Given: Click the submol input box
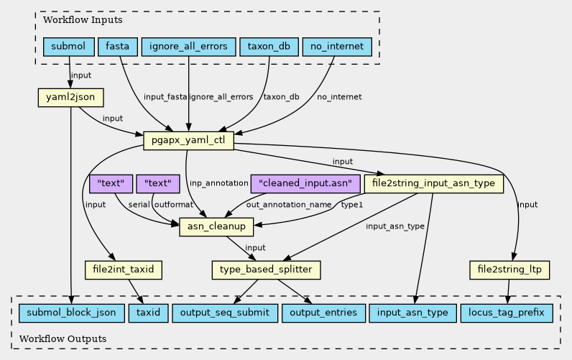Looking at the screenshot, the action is tap(68, 47).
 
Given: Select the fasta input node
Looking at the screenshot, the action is tap(117, 47).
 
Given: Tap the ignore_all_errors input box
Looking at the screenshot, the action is tap(188, 47).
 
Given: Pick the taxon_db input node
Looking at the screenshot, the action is tap(269, 47).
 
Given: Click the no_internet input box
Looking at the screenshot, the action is tap(337, 47).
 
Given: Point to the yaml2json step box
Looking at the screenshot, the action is tap(70, 98).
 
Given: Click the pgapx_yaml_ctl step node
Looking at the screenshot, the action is tap(188, 140).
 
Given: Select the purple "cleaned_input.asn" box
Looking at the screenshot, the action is tap(305, 183).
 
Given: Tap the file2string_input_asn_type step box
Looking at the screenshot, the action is tap(434, 183).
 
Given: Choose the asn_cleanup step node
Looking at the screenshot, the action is tap(216, 226).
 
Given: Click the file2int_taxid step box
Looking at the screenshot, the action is tap(124, 270).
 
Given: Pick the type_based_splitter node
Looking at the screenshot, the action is tap(266, 270).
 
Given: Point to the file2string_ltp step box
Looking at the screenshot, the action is tap(509, 270).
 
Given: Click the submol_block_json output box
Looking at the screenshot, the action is tap(72, 313).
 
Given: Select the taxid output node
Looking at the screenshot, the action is tap(148, 313).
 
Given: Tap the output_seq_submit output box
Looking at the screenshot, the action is tap(225, 313).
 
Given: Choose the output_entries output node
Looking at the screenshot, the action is tap(323, 313).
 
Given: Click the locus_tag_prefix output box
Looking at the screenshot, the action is tap(507, 313).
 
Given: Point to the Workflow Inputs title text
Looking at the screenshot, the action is tap(83, 19).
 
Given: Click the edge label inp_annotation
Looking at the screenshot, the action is tap(219, 183).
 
